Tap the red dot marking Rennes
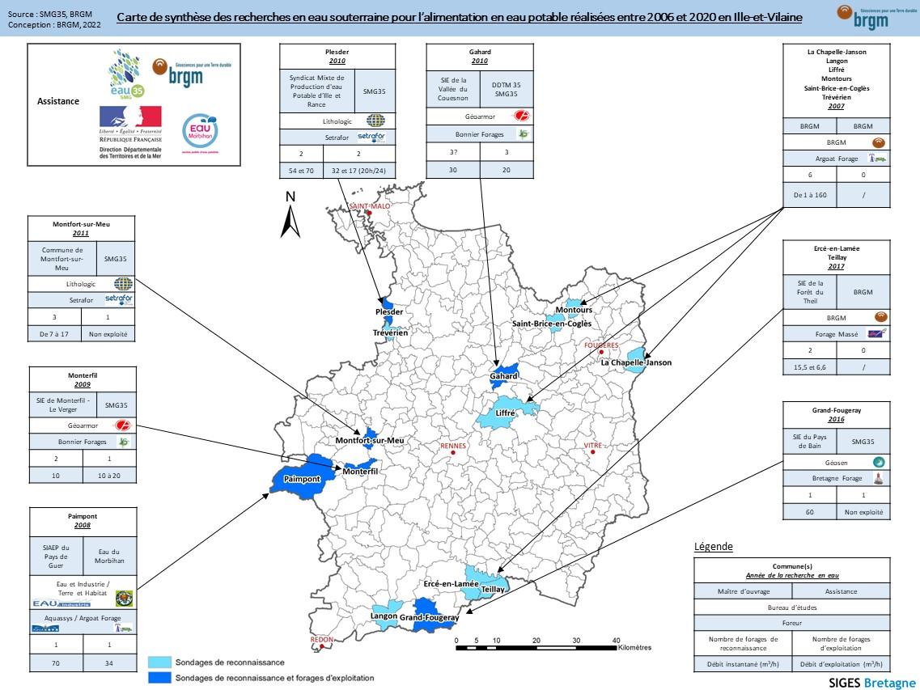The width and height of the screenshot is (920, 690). point(453,452)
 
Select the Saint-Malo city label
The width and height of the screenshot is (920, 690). point(369,206)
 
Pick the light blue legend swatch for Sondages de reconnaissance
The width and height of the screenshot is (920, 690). point(159,662)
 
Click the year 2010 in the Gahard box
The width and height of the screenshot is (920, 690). point(480,61)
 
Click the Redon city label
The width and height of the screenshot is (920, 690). point(321,640)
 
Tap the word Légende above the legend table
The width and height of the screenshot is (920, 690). point(713,547)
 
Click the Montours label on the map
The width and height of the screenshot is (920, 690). point(574,310)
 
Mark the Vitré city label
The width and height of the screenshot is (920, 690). point(595,446)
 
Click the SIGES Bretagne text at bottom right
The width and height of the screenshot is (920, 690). point(872,682)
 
